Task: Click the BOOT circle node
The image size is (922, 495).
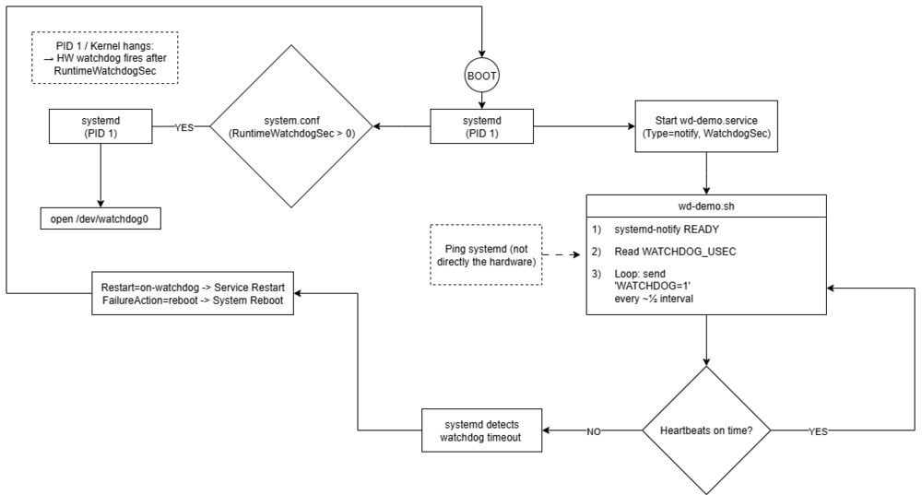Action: (481, 76)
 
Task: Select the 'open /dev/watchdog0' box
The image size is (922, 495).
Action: (100, 218)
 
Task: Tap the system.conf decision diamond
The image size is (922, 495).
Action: (291, 126)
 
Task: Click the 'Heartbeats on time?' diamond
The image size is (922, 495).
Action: (706, 430)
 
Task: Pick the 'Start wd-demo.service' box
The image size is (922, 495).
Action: (706, 126)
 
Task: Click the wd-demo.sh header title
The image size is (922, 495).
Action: (706, 206)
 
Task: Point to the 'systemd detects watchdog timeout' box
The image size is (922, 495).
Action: (481, 430)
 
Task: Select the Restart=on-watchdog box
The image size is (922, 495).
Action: (193, 293)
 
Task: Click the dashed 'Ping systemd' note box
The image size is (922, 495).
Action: (486, 255)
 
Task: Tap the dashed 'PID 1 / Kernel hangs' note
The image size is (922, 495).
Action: (105, 58)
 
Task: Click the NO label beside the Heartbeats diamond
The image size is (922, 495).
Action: (594, 431)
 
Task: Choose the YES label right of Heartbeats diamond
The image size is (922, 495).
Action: (818, 431)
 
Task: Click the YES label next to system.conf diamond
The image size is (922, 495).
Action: (184, 127)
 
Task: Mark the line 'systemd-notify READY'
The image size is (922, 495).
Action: (667, 230)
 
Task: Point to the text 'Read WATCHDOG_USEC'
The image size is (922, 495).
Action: (675, 252)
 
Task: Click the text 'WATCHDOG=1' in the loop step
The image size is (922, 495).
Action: (652, 287)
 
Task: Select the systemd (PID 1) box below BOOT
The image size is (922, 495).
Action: (481, 126)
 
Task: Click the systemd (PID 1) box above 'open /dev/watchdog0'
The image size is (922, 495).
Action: (100, 126)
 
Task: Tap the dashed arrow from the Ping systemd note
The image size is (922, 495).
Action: (561, 255)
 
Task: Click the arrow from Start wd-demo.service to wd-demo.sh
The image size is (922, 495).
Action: (706, 173)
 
